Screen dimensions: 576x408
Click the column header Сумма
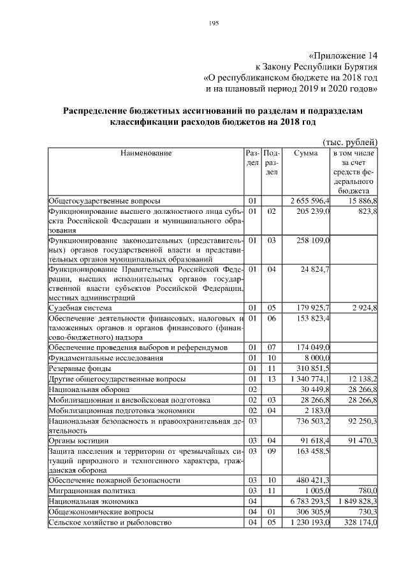coord(305,153)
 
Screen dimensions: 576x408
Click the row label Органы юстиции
coord(74,440)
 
